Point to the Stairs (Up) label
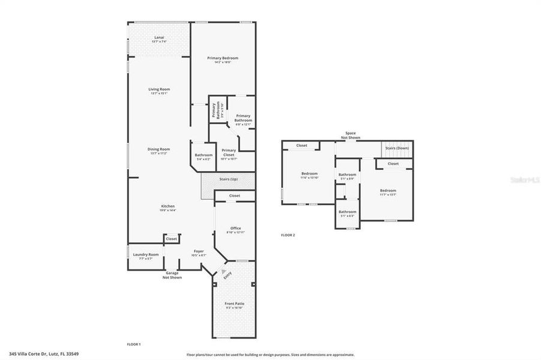228,179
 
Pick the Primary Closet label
229,152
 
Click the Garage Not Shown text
172,275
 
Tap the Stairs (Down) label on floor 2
397,148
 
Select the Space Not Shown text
350,136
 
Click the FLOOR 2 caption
288,235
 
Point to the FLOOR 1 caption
133,344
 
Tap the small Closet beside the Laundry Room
172,239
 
